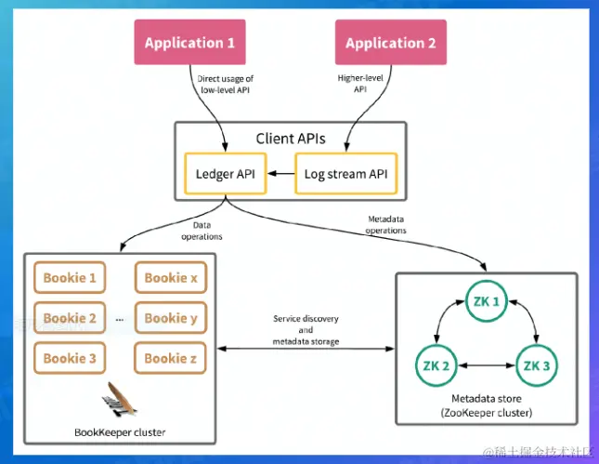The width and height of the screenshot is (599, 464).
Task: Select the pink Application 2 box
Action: [390, 43]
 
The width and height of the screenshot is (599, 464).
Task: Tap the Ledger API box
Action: [226, 173]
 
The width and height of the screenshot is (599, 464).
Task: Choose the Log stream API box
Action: [345, 173]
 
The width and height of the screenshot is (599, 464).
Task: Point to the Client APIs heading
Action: [291, 139]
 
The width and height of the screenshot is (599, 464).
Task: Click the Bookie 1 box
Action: [70, 277]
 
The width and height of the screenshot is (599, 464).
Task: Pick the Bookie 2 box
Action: [70, 318]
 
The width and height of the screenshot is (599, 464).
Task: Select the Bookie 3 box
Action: [70, 358]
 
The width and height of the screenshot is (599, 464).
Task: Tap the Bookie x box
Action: [172, 277]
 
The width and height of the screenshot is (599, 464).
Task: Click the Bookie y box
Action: [172, 318]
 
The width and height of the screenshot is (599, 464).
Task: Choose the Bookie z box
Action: [172, 358]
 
